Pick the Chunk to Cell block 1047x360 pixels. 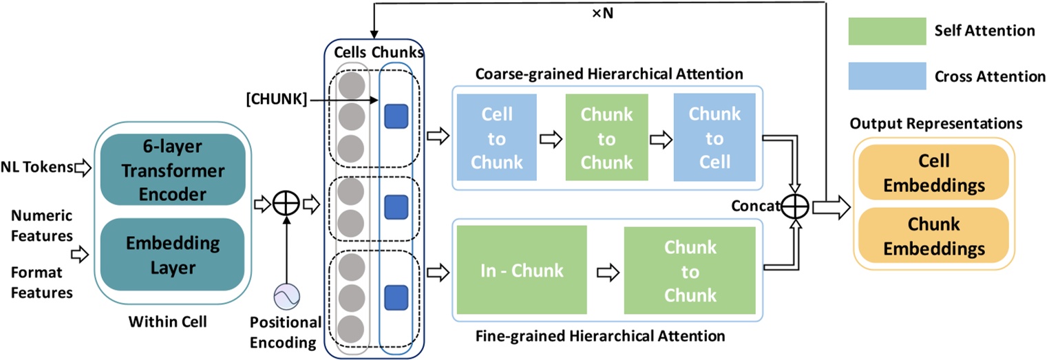click(x=715, y=138)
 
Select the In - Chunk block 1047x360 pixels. click(x=522, y=270)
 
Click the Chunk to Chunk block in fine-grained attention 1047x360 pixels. click(x=690, y=271)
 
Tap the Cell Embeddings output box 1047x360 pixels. click(x=933, y=171)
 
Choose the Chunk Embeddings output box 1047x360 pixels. click(x=933, y=236)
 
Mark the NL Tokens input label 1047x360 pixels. click(x=37, y=167)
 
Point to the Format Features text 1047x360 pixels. click(x=41, y=282)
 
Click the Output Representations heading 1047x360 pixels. click(x=935, y=124)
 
